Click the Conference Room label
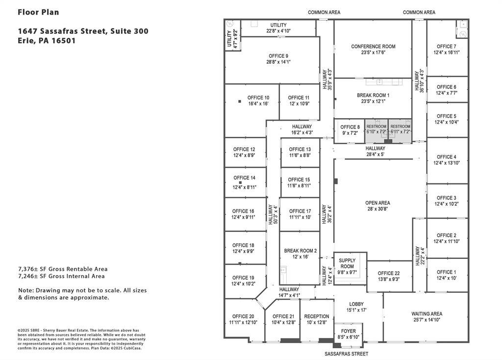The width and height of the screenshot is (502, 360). [373, 47]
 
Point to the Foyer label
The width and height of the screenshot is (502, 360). [348, 331]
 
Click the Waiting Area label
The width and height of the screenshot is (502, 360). [427, 314]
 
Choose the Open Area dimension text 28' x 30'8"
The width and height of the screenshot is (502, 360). [377, 209]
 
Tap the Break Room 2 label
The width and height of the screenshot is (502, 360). [300, 251]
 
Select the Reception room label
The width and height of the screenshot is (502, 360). [316, 316]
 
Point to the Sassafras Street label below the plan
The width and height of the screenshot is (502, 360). [346, 354]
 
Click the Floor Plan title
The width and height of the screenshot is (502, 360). [38, 12]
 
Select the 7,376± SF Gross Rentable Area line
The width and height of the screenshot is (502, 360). [63, 269]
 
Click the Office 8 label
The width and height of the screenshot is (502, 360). [350, 127]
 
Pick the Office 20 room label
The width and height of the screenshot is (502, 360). [243, 316]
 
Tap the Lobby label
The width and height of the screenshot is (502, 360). [356, 304]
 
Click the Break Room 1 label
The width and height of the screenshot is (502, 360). [373, 96]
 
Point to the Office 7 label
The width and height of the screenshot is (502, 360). [445, 47]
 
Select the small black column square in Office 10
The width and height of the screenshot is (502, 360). [240, 101]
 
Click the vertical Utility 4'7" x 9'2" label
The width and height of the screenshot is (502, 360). [230, 39]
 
